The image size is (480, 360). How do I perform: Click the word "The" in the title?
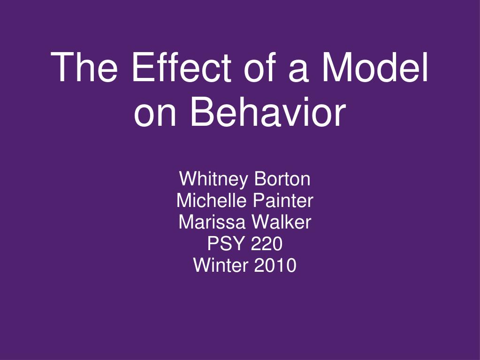tap(84, 67)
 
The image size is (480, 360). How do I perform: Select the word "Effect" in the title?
tap(181, 67)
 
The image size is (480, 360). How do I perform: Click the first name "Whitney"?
tap(213, 180)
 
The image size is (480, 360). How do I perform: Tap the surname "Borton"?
tap(282, 179)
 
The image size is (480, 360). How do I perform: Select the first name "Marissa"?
tap(212, 222)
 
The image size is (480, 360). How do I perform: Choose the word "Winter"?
tap(220, 265)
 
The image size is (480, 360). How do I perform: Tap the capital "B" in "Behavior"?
tap(202, 111)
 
